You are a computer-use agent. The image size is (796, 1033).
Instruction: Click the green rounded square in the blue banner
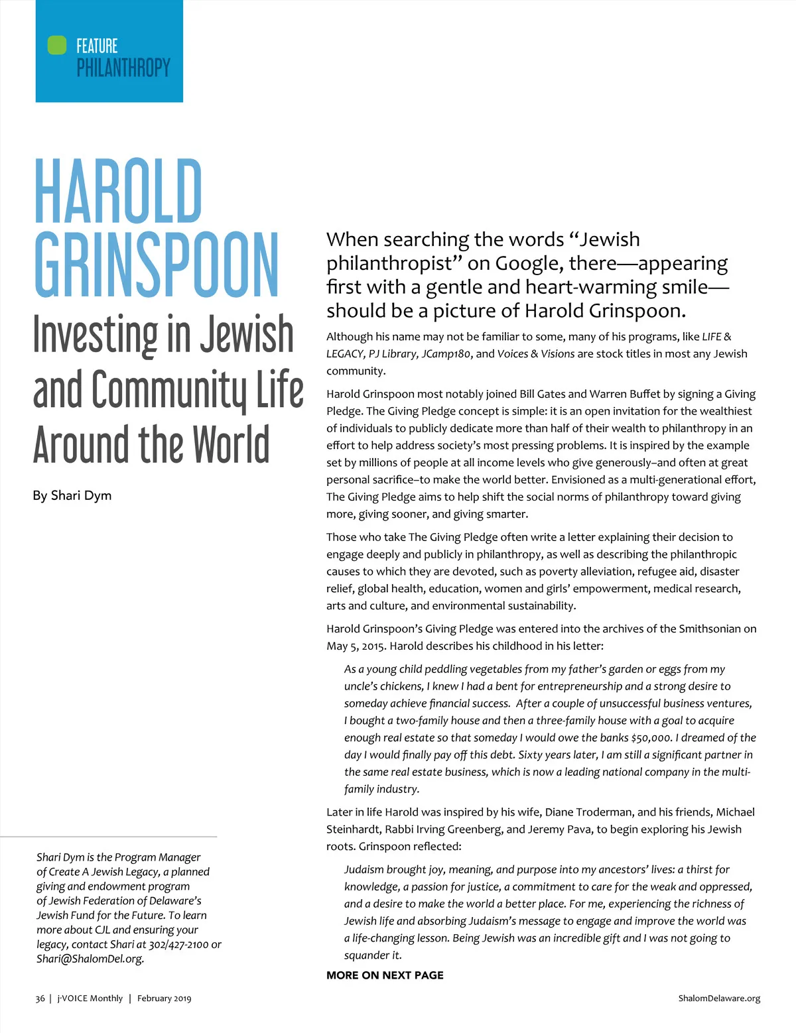click(x=57, y=45)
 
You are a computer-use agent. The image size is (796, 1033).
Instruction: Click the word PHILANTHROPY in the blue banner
click(x=123, y=68)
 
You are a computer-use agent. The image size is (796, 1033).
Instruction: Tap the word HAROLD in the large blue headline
click(x=118, y=192)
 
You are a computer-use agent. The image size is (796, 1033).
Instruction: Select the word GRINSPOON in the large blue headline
click(x=157, y=265)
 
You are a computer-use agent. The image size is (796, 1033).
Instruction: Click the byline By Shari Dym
click(x=72, y=495)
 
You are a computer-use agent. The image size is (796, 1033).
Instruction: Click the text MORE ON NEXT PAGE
click(x=385, y=975)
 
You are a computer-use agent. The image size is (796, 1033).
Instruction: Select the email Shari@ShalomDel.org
click(x=90, y=959)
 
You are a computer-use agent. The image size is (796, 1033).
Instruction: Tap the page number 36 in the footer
click(x=40, y=999)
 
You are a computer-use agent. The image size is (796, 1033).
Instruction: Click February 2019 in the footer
click(x=164, y=999)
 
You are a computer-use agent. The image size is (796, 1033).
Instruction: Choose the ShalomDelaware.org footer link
click(x=719, y=999)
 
